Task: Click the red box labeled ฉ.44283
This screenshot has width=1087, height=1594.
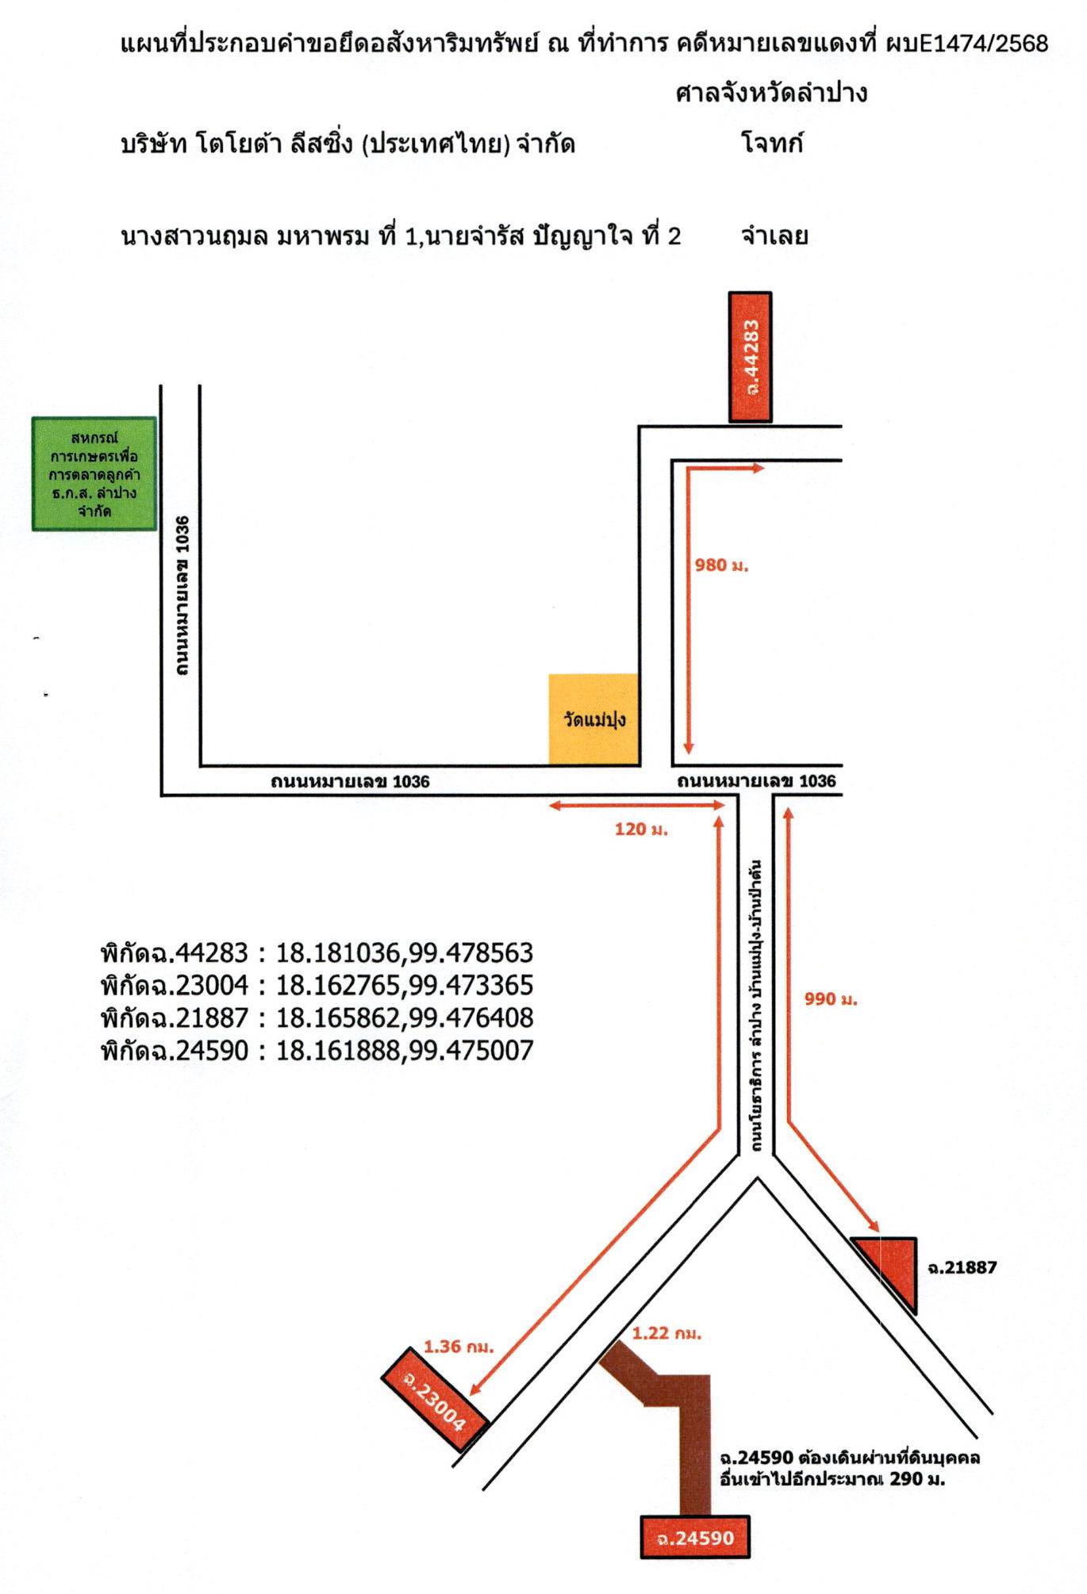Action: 750,357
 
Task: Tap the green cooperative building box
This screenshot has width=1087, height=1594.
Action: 94,473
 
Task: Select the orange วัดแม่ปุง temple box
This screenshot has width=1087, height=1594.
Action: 593,719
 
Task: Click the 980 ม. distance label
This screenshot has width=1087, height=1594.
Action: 721,565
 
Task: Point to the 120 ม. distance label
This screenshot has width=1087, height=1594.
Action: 641,830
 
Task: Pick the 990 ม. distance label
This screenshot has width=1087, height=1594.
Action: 831,999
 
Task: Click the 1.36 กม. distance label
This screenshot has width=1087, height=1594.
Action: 459,1346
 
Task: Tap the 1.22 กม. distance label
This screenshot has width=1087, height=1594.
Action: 666,1333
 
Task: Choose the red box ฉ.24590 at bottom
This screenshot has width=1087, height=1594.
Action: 695,1538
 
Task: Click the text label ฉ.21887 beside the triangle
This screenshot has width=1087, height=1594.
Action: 962,1267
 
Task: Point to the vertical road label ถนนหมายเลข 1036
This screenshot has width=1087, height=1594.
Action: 182,596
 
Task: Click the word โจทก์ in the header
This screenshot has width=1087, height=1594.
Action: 771,144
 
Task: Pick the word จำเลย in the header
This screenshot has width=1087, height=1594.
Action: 774,236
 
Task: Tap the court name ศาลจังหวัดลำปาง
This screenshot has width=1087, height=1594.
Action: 771,94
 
